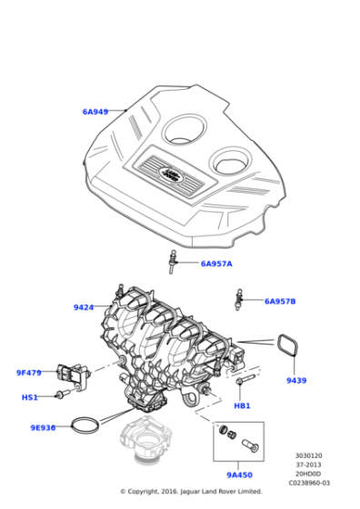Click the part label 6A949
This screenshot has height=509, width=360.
pos(95,112)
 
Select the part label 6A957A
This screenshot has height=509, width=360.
pos(216,264)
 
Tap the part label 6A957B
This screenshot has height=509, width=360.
pos(280,301)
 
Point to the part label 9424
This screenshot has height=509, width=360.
pos(84,307)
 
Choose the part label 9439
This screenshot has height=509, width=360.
pos(296,380)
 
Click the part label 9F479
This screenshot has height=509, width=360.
pos(29,372)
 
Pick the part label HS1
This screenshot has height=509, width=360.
pos(30,397)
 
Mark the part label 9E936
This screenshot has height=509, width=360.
pos(43,427)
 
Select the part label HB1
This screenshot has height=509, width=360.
pos(242,404)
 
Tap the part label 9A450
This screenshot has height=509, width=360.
pos(239,474)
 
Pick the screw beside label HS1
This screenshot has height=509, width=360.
pos(61,395)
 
